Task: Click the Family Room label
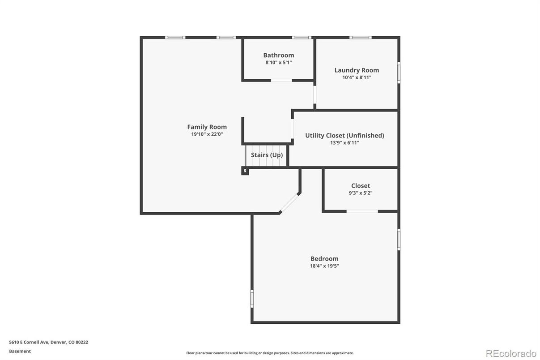point(207,127)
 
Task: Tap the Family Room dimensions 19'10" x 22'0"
point(207,134)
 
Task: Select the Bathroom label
point(278,55)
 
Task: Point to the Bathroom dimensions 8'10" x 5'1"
point(278,63)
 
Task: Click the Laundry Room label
point(357,70)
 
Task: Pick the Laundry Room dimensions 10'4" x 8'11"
point(357,77)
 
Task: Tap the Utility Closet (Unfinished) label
point(344,135)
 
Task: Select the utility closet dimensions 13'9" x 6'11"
point(344,143)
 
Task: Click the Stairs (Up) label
point(267,155)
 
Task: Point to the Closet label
point(361,185)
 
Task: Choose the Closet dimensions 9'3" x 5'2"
point(361,193)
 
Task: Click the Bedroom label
point(324,258)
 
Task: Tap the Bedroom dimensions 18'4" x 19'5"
point(324,266)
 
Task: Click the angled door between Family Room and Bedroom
point(289,203)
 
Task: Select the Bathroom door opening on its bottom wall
point(281,80)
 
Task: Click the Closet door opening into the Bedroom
point(362,211)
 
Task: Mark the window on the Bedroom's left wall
point(252,298)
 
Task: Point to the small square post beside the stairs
point(245,171)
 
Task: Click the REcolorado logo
point(510,353)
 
